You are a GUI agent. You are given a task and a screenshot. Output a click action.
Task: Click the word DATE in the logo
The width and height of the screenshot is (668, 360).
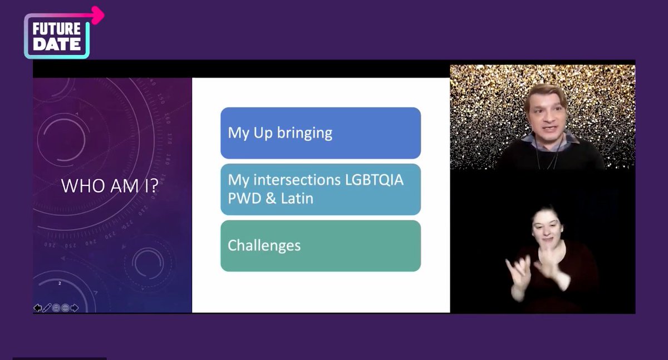point(56,45)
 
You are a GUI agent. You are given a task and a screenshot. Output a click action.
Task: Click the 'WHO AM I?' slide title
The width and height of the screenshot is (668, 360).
point(109,186)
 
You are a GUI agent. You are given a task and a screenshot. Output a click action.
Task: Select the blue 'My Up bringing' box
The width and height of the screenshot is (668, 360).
point(320,133)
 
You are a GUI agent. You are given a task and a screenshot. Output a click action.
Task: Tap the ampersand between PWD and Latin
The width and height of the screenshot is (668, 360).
point(269,198)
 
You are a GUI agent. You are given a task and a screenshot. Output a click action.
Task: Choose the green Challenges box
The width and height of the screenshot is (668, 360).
point(320,245)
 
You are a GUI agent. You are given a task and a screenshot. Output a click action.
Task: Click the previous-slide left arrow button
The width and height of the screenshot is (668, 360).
point(37,308)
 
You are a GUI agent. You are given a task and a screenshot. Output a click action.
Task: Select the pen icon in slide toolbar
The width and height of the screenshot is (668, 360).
point(47,308)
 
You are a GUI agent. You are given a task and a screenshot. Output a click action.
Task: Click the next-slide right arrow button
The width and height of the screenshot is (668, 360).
point(75,308)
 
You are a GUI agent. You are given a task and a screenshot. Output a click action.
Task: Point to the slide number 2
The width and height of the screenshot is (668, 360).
point(60,283)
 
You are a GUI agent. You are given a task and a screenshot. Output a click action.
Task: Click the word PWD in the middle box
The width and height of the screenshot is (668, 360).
point(243,198)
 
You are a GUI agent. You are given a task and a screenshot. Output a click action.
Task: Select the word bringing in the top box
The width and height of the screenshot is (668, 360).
point(305,134)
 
